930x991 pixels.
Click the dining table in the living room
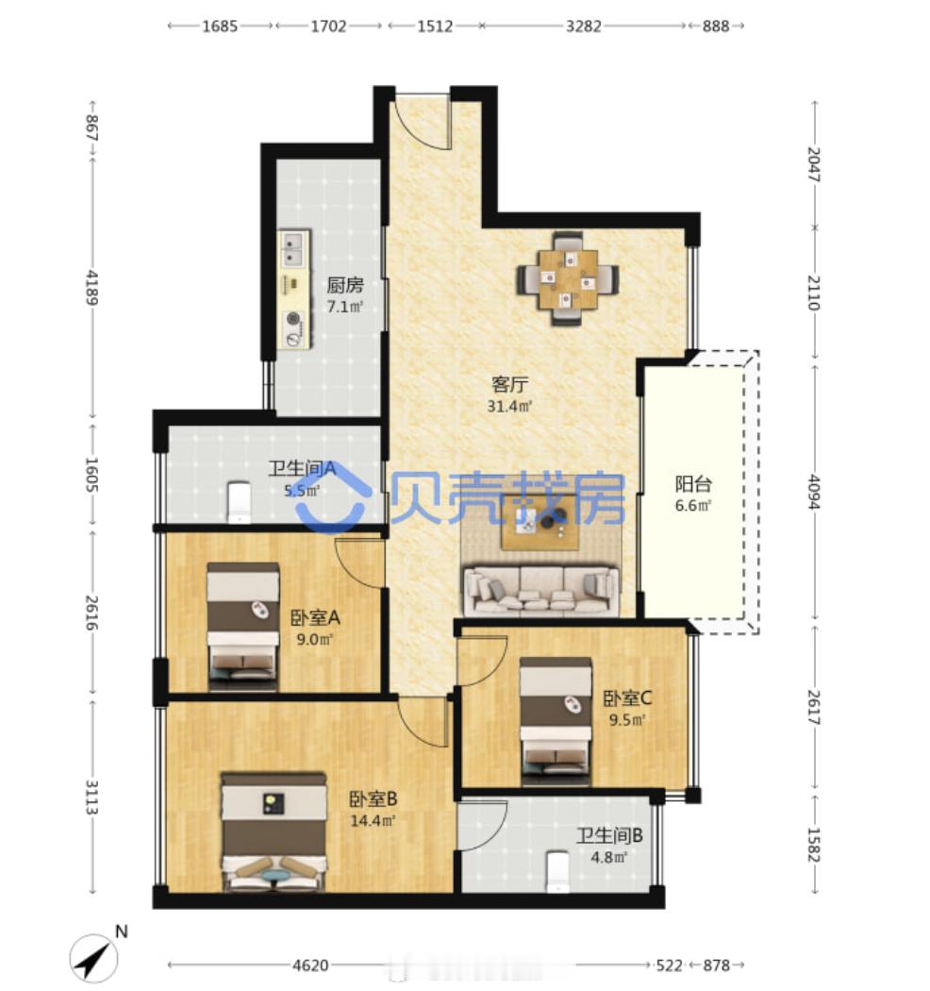click(x=568, y=278)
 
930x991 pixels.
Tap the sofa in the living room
click(x=541, y=591)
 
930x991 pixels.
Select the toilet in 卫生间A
click(x=239, y=502)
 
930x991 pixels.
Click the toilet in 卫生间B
click(x=557, y=871)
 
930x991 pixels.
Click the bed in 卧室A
click(x=243, y=627)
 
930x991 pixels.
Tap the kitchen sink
click(x=293, y=249)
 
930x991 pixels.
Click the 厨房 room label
click(x=345, y=286)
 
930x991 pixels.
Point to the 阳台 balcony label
click(x=693, y=484)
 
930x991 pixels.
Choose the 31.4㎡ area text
click(x=509, y=406)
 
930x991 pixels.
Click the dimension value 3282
click(x=583, y=25)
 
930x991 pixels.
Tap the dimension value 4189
click(x=92, y=288)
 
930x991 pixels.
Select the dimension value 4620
click(x=310, y=966)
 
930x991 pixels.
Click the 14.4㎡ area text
click(x=373, y=821)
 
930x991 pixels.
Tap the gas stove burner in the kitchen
click(x=293, y=319)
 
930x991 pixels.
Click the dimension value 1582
click(x=814, y=845)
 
